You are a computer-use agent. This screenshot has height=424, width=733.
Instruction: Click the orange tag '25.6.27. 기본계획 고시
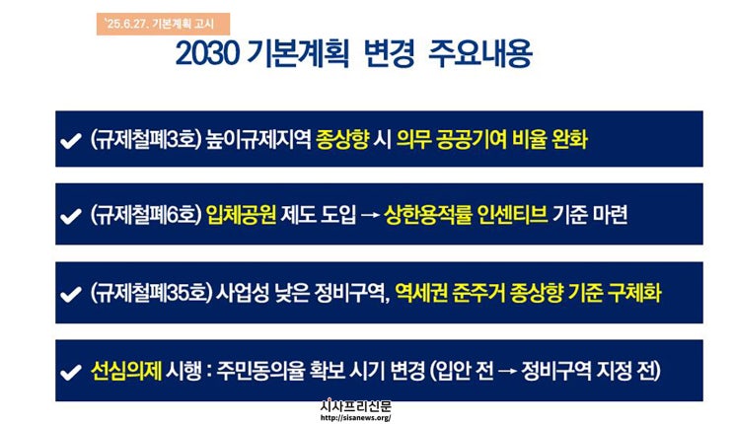163,24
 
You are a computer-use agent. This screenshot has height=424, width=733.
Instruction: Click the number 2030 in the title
207,53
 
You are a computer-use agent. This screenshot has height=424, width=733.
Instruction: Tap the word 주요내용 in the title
480,53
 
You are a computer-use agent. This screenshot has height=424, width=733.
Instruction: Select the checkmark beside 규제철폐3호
71,141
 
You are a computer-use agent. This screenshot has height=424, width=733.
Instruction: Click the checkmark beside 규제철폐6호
71,216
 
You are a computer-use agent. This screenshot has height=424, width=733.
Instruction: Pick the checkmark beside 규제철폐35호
71,294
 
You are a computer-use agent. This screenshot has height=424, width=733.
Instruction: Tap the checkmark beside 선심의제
71,372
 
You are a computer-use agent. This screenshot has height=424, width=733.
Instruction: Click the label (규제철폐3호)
145,140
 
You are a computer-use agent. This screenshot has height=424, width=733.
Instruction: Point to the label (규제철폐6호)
145,215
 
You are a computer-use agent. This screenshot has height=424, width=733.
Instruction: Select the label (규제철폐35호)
151,293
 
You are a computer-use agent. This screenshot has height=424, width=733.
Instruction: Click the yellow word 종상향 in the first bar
342,139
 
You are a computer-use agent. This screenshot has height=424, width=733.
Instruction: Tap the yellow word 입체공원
241,215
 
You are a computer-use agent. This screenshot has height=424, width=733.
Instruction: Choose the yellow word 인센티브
512,215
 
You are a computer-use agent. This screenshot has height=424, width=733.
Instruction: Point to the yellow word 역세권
421,293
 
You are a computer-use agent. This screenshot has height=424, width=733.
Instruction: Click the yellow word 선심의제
126,371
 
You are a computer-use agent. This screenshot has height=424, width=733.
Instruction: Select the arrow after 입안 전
507,373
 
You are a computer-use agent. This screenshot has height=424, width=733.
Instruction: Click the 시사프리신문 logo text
356,406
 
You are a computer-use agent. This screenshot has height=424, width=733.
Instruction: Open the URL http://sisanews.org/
356,417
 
